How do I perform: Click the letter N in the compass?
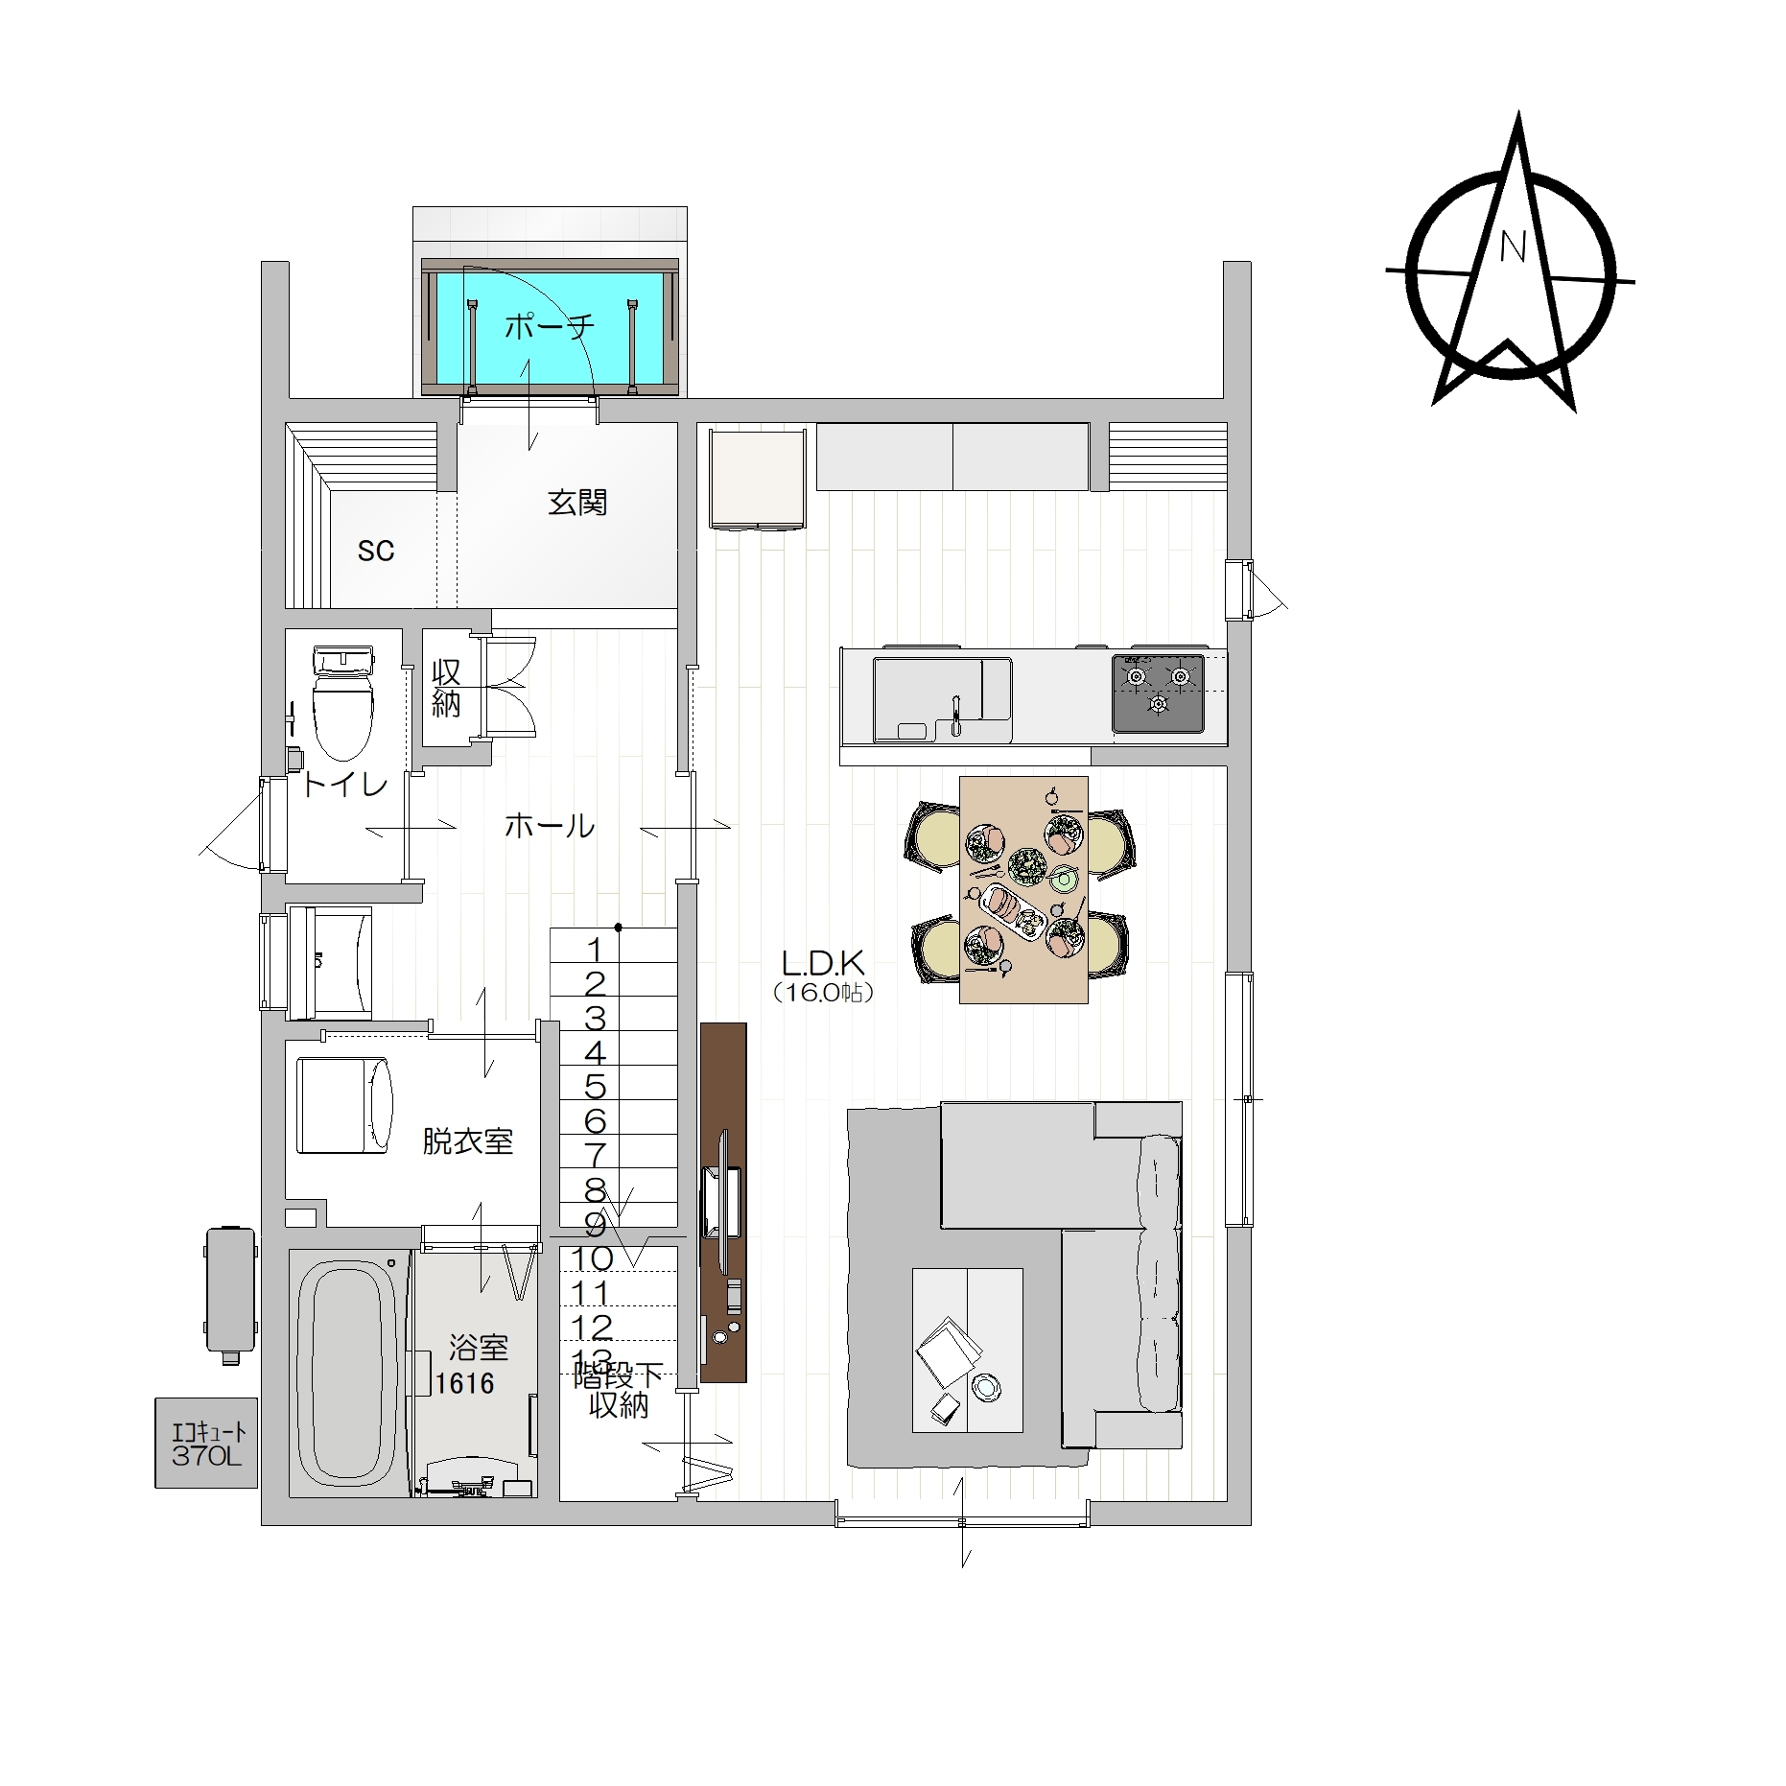pyautogui.click(x=1513, y=247)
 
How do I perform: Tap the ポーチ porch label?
pyautogui.click(x=550, y=327)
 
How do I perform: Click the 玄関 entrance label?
pyautogui.click(x=577, y=503)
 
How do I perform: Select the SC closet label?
pyautogui.click(x=376, y=551)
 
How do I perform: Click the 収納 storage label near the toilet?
pyautogui.click(x=446, y=688)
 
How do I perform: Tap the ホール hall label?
pyautogui.click(x=550, y=826)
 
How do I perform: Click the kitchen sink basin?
pyautogui.click(x=942, y=699)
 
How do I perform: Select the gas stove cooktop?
pyautogui.click(x=1158, y=693)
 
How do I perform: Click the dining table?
pyautogui.click(x=1023, y=890)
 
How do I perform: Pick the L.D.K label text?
pyautogui.click(x=824, y=962)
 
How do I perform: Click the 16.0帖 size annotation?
pyautogui.click(x=824, y=994)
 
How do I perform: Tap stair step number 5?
pyautogui.click(x=596, y=1087)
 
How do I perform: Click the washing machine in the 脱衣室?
pyautogui.click(x=344, y=1105)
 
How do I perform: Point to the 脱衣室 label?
pyautogui.click(x=468, y=1141)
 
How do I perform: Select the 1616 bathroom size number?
pyautogui.click(x=465, y=1383)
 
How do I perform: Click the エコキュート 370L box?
pyautogui.click(x=206, y=1442)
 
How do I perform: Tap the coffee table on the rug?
pyautogui.click(x=967, y=1351)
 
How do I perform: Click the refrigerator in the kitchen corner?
pyautogui.click(x=757, y=478)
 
